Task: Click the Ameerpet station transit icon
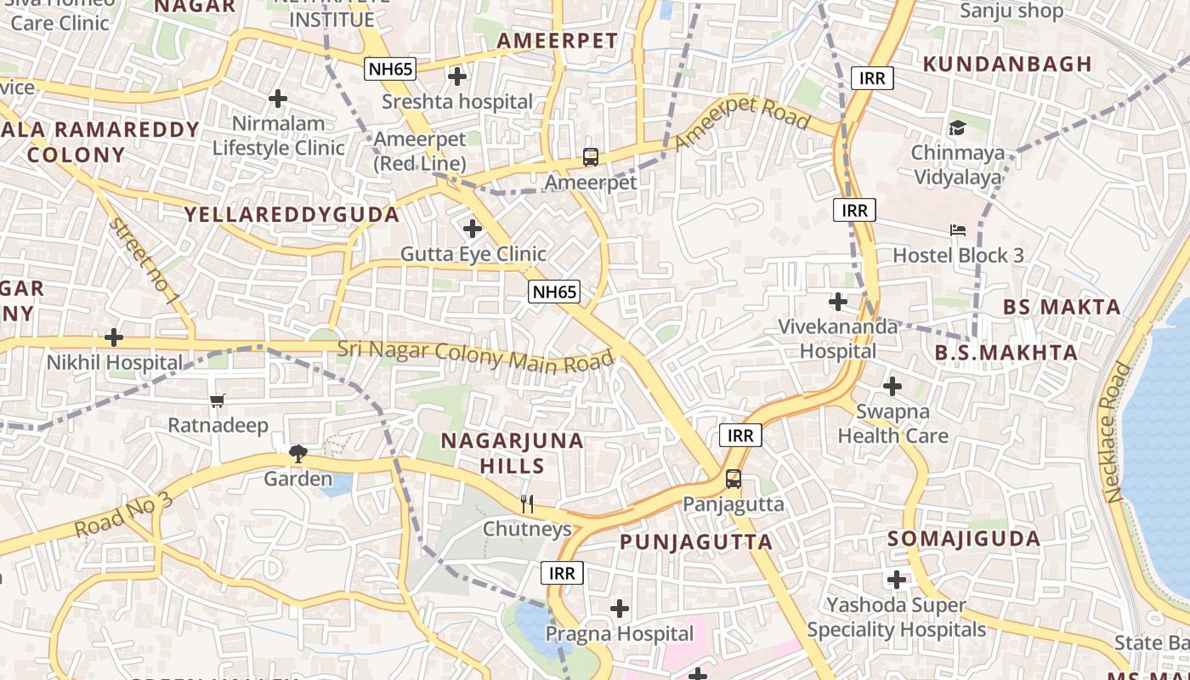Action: [x=591, y=157]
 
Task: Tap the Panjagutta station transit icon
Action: [x=733, y=479]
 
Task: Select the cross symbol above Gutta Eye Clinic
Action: [x=473, y=229]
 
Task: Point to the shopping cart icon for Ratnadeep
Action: [x=218, y=399]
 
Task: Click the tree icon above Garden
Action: [x=297, y=454]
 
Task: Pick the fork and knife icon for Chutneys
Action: [x=527, y=504]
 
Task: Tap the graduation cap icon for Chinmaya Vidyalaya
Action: [x=957, y=128]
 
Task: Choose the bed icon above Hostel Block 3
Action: [x=957, y=230]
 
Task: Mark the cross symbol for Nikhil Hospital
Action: [x=114, y=338]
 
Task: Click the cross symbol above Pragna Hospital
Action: [x=620, y=609]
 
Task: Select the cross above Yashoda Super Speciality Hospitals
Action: [x=896, y=581]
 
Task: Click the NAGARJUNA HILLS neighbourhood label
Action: [x=512, y=453]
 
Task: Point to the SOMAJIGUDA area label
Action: [x=964, y=539]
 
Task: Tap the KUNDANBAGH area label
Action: [x=1007, y=64]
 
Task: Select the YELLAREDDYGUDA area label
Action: [x=292, y=214]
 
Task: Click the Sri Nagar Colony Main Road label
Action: [x=475, y=354]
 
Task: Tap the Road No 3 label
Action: [x=123, y=514]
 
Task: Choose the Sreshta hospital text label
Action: [x=457, y=102]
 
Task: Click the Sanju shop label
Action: [x=1011, y=11]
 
